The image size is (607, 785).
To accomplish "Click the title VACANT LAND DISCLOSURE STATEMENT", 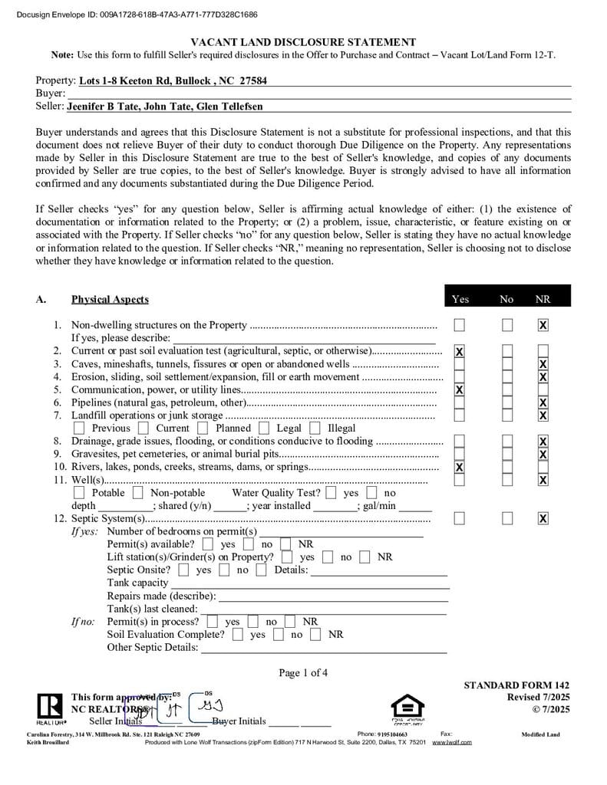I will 303,42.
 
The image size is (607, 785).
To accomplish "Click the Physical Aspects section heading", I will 110,299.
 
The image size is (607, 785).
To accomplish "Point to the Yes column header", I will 460,299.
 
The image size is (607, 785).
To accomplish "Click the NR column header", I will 543,299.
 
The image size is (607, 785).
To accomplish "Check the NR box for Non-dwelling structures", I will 543,325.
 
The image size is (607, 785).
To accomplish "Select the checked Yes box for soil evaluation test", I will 460,352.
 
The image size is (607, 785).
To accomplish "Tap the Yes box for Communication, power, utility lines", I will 460,389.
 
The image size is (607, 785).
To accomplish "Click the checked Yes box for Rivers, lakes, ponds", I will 460,467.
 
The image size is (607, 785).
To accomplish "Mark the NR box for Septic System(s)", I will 543,519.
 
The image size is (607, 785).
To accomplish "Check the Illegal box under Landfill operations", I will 315,429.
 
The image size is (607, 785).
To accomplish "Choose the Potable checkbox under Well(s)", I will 79,493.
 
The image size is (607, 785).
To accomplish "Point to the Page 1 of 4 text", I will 303,673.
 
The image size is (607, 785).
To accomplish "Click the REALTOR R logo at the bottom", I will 49,705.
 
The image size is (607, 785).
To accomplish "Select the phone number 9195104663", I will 398,734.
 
